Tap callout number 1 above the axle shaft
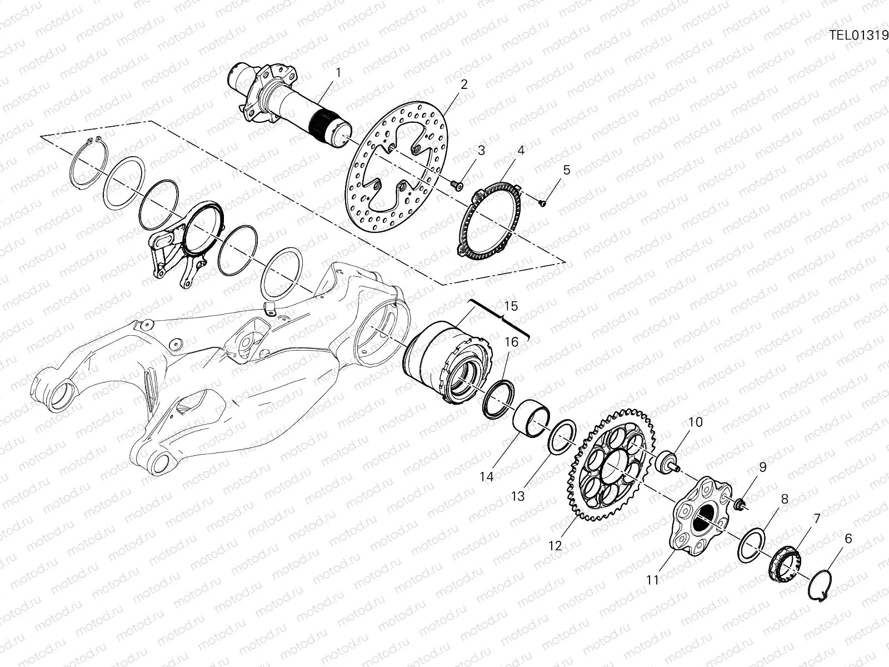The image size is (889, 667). tap(338, 73)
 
